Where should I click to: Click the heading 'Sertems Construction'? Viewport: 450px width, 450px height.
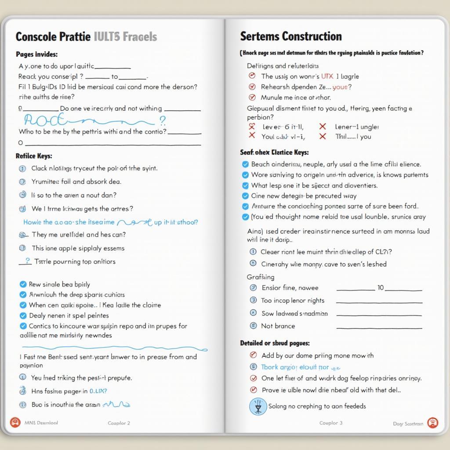(x=290, y=36)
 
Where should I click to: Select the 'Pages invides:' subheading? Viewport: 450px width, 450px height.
(x=36, y=54)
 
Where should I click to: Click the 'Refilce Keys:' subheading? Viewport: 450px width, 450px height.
(x=34, y=156)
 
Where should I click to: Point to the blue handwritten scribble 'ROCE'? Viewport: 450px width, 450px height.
(x=46, y=120)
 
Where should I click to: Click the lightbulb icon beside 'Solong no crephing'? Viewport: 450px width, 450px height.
(x=258, y=406)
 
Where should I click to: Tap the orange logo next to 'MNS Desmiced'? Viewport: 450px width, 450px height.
(x=15, y=423)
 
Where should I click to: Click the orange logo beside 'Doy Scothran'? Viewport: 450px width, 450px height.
(x=432, y=423)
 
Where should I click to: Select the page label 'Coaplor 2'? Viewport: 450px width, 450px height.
(x=119, y=423)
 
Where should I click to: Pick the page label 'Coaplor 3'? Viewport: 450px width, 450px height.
(x=330, y=423)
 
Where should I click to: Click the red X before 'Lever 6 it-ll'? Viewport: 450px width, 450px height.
(x=252, y=127)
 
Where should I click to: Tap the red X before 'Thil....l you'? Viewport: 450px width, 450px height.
(x=323, y=136)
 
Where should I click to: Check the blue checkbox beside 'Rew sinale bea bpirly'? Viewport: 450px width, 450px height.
(x=23, y=284)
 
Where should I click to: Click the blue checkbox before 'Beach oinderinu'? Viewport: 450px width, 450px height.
(x=246, y=164)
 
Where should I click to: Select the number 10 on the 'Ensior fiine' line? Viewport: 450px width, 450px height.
(x=381, y=288)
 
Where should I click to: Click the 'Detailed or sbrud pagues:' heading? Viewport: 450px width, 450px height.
(x=275, y=343)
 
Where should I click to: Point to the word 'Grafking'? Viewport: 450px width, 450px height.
(x=261, y=277)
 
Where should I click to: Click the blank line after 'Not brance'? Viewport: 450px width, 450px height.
(x=379, y=327)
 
